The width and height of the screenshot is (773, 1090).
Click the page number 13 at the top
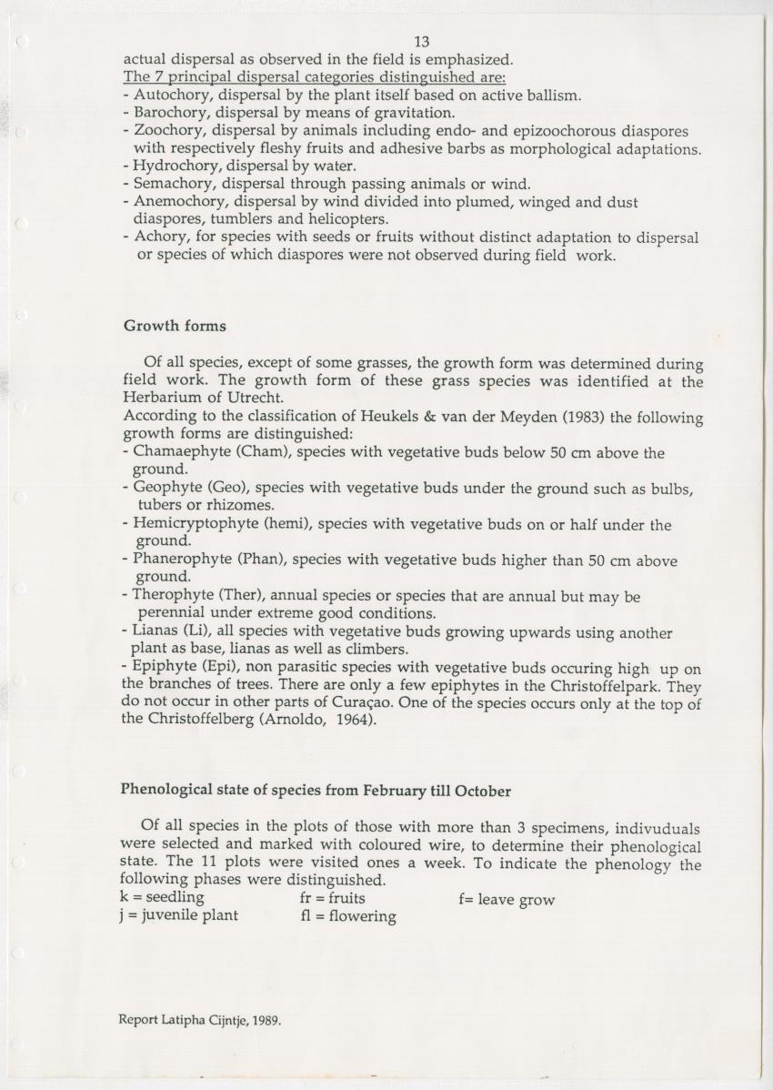421,42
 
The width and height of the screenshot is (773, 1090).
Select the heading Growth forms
174,326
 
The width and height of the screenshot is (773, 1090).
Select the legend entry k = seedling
162,898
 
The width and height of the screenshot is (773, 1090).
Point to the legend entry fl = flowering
348,916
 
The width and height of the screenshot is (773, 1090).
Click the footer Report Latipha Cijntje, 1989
200,1020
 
